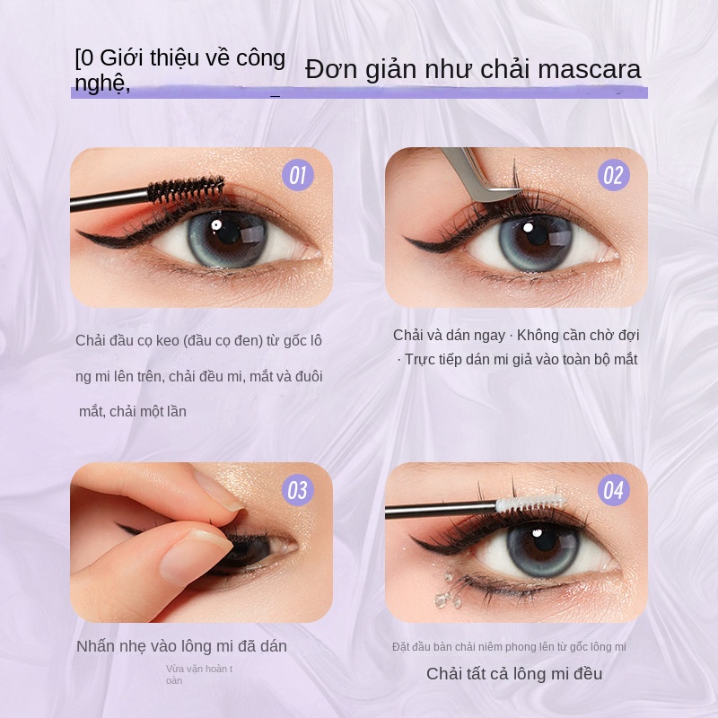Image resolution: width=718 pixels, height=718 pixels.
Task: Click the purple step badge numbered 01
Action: click(297, 174)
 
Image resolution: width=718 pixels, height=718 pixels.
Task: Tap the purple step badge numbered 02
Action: click(612, 174)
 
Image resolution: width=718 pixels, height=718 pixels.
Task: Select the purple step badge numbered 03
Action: click(297, 490)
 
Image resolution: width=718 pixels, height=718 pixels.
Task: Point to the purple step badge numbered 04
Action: click(613, 490)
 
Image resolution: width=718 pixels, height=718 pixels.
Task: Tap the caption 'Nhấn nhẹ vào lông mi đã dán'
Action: click(181, 646)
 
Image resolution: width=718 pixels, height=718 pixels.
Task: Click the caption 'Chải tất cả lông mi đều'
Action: click(514, 674)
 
